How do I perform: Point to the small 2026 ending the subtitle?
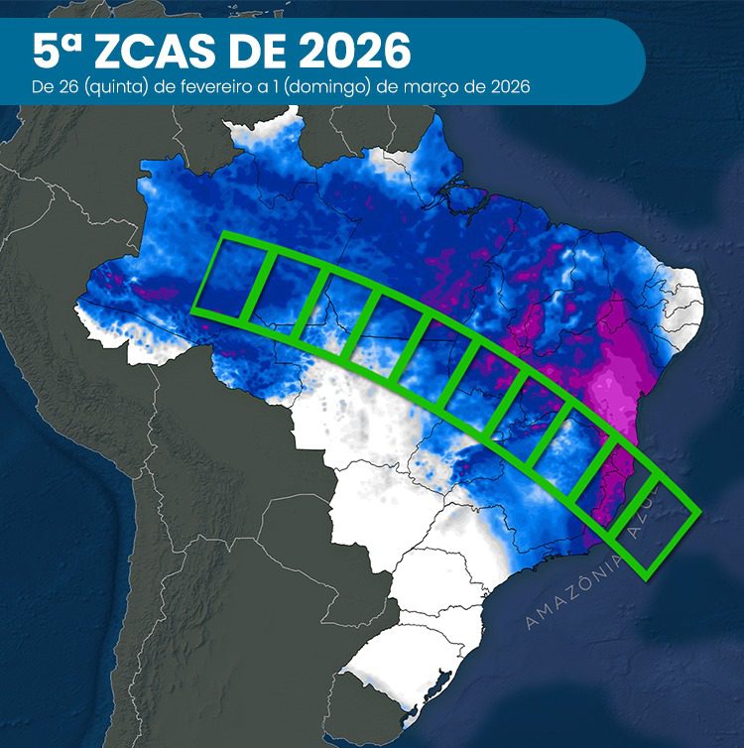[x=506, y=86]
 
